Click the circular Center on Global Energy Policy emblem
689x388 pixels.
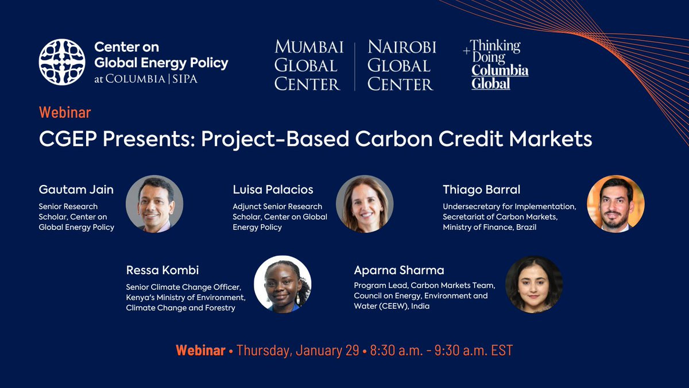click(x=62, y=62)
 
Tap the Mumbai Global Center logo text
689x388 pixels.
click(x=309, y=66)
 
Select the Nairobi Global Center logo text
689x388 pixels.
click(x=402, y=66)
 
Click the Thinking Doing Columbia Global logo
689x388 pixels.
click(x=496, y=64)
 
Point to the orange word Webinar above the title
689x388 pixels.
click(x=65, y=113)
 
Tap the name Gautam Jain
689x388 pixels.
click(x=76, y=189)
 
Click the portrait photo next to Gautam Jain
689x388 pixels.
click(x=154, y=204)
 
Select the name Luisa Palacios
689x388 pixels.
click(x=273, y=189)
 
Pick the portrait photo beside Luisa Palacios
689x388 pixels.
click(x=365, y=204)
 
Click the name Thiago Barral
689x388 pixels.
click(x=481, y=189)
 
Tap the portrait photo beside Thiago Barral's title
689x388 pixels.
click(x=616, y=204)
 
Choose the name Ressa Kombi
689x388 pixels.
click(x=162, y=270)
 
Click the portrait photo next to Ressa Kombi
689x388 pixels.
click(x=282, y=284)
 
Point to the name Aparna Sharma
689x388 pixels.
click(x=399, y=270)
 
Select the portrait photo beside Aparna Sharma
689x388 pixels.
click(x=534, y=284)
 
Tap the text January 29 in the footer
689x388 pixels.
click(x=327, y=351)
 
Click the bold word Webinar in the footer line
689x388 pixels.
click(x=200, y=351)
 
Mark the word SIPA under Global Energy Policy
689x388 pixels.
click(x=185, y=79)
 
